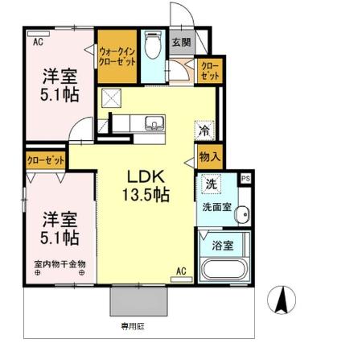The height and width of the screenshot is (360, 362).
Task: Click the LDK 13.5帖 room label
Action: pos(145,185)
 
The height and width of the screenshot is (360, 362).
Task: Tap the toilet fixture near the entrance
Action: pos(152,44)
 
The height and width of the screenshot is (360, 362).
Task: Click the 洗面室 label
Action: pos(216,206)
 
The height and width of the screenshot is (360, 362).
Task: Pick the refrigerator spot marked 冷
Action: pos(204,130)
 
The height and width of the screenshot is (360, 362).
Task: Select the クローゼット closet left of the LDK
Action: pos(45,159)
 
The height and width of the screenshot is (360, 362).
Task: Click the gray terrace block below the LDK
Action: pos(140,302)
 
